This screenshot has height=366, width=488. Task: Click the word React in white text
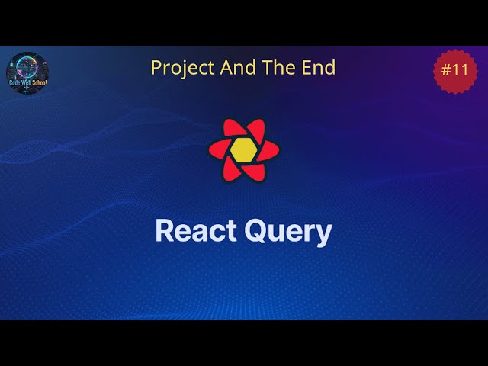tap(196, 231)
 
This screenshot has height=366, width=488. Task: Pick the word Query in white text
tap(288, 232)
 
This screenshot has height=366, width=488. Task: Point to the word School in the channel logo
tap(35, 82)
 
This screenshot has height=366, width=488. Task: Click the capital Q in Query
tap(257, 230)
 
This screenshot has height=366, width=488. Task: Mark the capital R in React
tap(164, 231)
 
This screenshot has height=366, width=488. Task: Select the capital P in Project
tap(156, 68)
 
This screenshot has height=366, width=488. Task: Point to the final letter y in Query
tap(326, 235)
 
